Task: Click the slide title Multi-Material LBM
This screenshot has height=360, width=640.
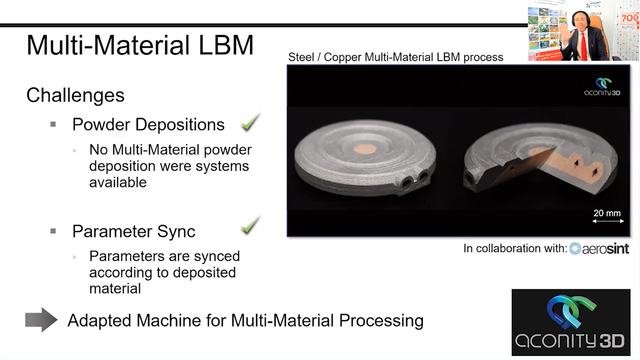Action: (x=140, y=45)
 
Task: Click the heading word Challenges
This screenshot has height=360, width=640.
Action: (x=75, y=96)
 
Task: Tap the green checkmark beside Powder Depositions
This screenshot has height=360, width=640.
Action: (x=250, y=122)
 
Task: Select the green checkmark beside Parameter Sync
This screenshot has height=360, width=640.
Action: (x=250, y=225)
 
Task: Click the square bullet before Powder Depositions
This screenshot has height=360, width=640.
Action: (x=53, y=124)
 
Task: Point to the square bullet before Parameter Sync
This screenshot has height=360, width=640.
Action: (x=53, y=231)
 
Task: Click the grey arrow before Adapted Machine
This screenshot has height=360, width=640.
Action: (x=41, y=320)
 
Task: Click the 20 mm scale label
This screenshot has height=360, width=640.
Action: (x=607, y=213)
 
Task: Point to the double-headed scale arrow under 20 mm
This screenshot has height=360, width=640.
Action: (x=608, y=221)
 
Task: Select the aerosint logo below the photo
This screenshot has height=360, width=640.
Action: (x=599, y=248)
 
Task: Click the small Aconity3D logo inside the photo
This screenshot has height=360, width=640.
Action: (x=602, y=87)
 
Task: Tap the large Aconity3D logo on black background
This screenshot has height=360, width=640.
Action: (x=571, y=322)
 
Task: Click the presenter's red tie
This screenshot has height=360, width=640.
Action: (x=584, y=46)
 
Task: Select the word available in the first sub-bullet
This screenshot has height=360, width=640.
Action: (x=118, y=183)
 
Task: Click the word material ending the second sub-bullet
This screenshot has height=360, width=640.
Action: (x=115, y=289)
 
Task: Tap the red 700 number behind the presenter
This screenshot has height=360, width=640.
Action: (x=630, y=19)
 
